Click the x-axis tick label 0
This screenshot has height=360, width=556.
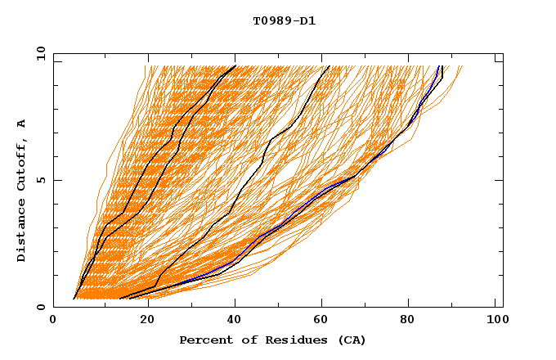click(53, 321)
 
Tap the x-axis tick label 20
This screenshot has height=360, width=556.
click(141, 321)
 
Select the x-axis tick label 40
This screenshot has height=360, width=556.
click(231, 321)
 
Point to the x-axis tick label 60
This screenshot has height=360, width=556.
click(319, 321)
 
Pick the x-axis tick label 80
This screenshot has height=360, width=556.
click(408, 321)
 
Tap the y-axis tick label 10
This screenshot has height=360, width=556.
click(40, 53)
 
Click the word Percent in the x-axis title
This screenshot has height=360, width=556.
click(203, 340)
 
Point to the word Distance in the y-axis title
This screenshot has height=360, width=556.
click(22, 230)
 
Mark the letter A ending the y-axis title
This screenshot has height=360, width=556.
click(22, 124)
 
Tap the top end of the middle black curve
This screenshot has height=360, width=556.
click(329, 66)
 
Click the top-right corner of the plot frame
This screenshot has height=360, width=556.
click(503, 53)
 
